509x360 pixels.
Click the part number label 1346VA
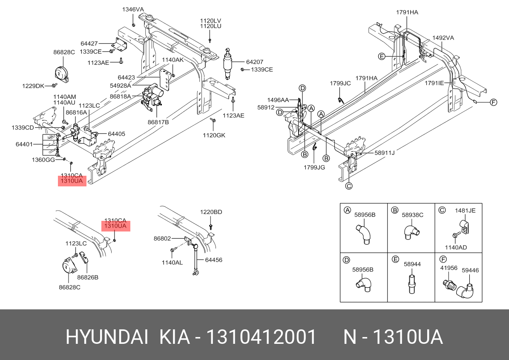[x=133, y=9]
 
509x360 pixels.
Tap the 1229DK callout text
[x=33, y=86]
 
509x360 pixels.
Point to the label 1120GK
[x=213, y=135]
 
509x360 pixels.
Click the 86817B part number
[x=158, y=122]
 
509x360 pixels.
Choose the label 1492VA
[x=443, y=38]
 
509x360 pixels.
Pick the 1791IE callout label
[x=434, y=83]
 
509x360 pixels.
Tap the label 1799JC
[x=340, y=83]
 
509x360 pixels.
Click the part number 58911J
[x=385, y=153]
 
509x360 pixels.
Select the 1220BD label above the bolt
[x=211, y=212]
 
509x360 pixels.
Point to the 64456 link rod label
[x=213, y=260]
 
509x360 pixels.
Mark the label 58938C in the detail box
[x=412, y=215]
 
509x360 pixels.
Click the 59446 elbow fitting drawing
[x=465, y=290]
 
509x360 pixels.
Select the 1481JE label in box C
[x=465, y=210]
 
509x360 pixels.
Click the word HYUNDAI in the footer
[x=107, y=337]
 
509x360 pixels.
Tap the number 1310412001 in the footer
[x=261, y=337]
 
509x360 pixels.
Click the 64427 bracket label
[x=89, y=43]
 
